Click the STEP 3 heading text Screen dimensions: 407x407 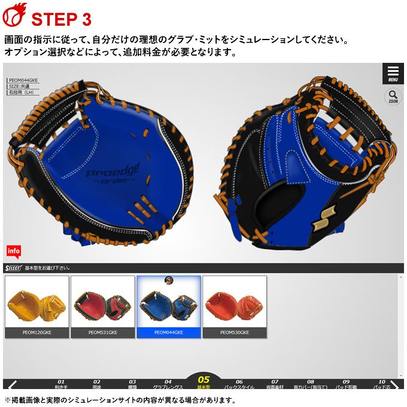pyautogui.click(x=60, y=19)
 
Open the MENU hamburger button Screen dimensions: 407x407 pyautogui.click(x=393, y=73)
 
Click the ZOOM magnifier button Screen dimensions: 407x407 pyautogui.click(x=393, y=96)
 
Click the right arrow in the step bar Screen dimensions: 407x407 pyautogui.click(x=394, y=384)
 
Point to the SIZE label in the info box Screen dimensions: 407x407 pyautogui.click(x=18, y=86)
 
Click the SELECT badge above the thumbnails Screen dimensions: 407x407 pyautogui.click(x=13, y=268)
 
